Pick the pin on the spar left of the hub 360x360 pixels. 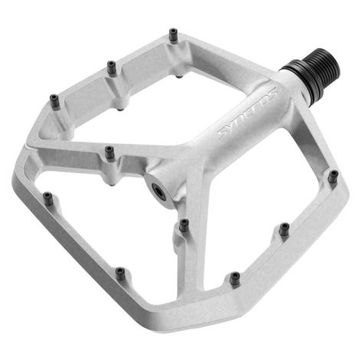pos(110,152)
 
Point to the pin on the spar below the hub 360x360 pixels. pos(184,225)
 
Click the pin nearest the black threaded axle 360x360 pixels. pos(333,176)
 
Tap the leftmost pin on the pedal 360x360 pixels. pos(47,198)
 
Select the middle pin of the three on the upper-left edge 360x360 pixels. pos(111,67)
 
